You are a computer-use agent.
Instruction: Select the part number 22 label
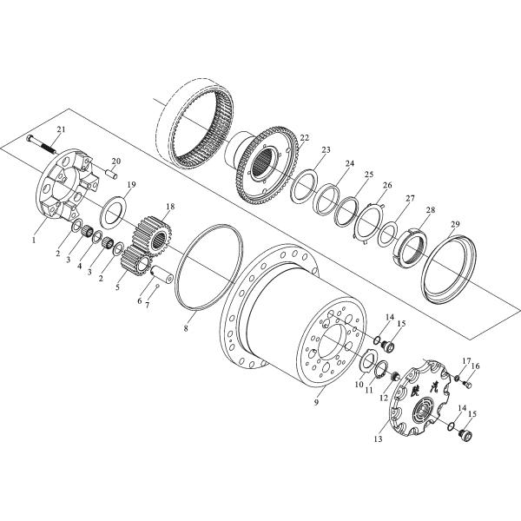click(x=304, y=137)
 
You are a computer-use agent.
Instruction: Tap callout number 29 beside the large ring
click(x=455, y=225)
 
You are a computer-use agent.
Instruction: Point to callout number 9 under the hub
click(x=316, y=405)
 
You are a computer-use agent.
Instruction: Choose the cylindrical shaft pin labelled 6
click(x=162, y=281)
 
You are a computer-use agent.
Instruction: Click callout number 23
click(x=325, y=149)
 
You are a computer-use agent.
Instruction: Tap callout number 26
click(x=387, y=185)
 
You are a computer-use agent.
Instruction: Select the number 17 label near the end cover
click(x=465, y=361)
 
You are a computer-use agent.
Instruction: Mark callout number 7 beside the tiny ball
click(x=147, y=307)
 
